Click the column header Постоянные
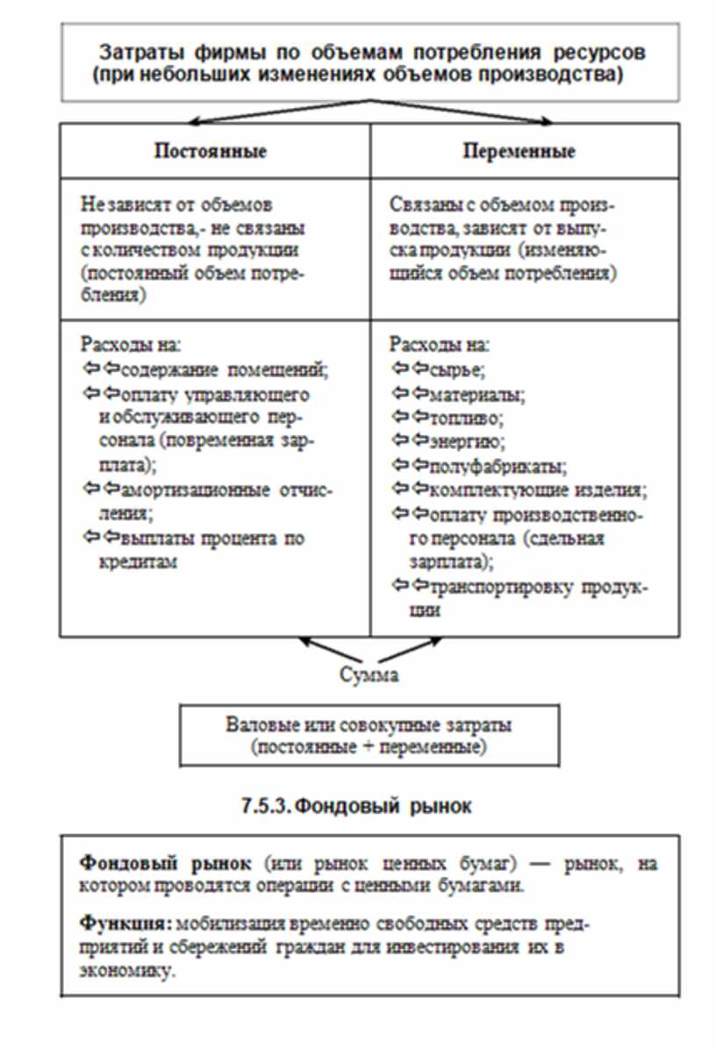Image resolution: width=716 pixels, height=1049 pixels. point(211,151)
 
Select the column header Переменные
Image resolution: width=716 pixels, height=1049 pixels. point(519,151)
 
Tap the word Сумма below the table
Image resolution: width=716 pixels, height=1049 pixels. point(369,676)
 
